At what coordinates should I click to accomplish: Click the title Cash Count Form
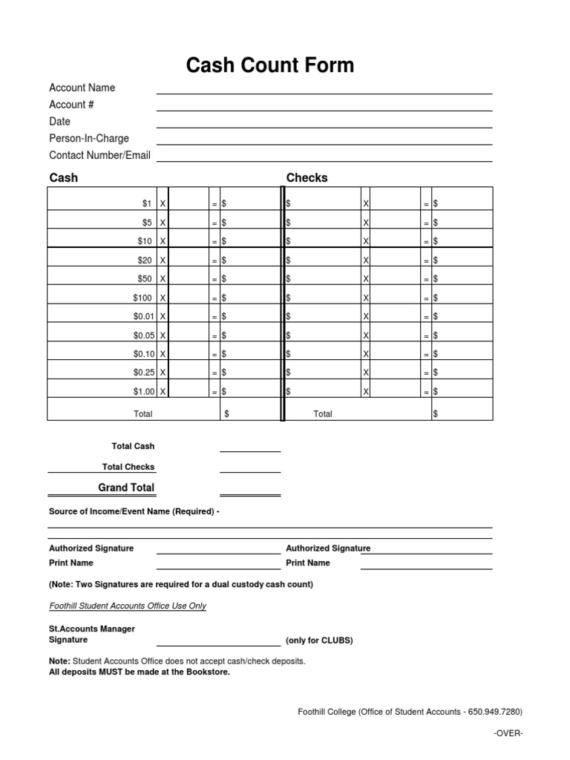pyautogui.click(x=270, y=66)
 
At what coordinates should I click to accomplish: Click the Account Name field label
pyautogui.click(x=82, y=88)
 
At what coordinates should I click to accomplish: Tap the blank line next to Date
pyautogui.click(x=324, y=127)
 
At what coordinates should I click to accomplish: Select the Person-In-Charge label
pyautogui.click(x=88, y=139)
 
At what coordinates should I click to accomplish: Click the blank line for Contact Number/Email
pyautogui.click(x=324, y=160)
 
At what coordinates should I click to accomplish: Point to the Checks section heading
pyautogui.click(x=307, y=178)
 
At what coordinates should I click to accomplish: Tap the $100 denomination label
pyautogui.click(x=142, y=298)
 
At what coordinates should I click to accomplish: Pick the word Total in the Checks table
pyautogui.click(x=323, y=414)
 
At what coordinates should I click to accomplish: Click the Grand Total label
pyautogui.click(x=126, y=488)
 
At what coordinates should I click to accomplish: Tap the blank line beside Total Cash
pyautogui.click(x=249, y=451)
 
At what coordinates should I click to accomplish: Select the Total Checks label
pyautogui.click(x=128, y=468)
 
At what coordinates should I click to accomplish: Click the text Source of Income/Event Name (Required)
pyautogui.click(x=134, y=512)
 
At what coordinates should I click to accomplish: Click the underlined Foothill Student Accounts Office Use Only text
pyautogui.click(x=128, y=606)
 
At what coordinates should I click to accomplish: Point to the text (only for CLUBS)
pyautogui.click(x=319, y=641)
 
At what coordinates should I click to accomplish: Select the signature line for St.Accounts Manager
pyautogui.click(x=218, y=645)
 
